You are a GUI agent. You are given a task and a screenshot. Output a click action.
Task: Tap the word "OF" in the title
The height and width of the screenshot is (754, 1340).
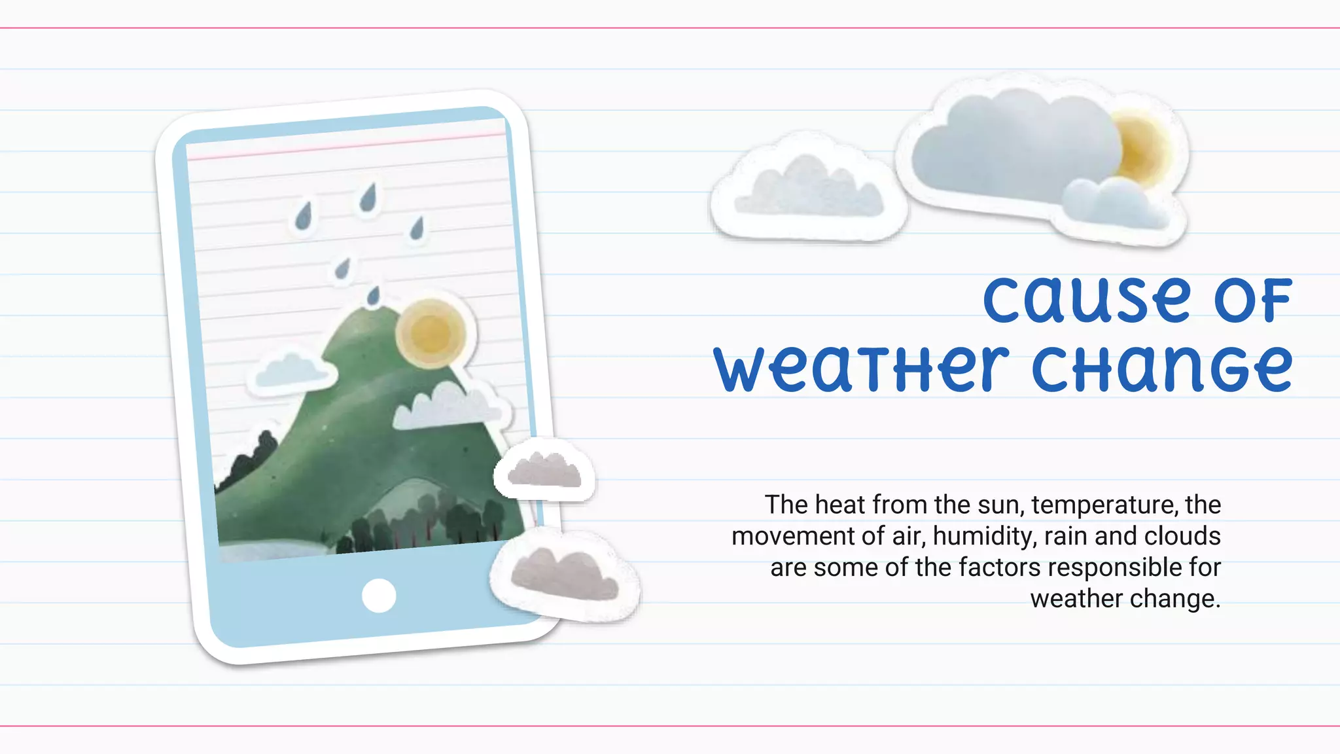pyautogui.click(x=1253, y=301)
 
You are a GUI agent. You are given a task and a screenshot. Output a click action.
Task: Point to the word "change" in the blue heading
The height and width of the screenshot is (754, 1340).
pyautogui.click(x=1162, y=369)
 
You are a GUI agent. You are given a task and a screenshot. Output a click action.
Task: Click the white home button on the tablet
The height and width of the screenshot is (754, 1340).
pyautogui.click(x=379, y=596)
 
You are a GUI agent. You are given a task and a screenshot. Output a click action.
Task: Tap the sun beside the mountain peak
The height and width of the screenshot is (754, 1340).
pyautogui.click(x=431, y=334)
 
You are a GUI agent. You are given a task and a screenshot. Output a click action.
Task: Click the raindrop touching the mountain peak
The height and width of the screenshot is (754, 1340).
pyautogui.click(x=374, y=296)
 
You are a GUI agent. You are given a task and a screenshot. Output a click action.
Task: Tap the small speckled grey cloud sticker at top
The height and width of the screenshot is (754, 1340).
pyautogui.click(x=809, y=188)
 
